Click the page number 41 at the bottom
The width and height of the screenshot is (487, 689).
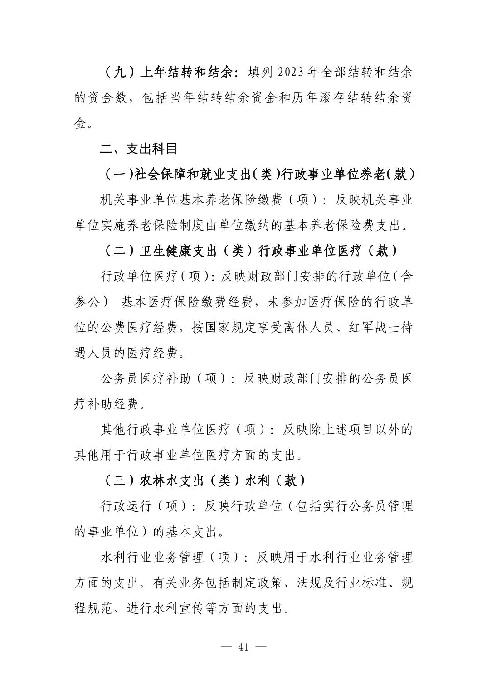coord(243,647)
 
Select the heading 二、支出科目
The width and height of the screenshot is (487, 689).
coord(138,148)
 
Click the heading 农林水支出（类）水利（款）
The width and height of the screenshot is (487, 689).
coord(204,480)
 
